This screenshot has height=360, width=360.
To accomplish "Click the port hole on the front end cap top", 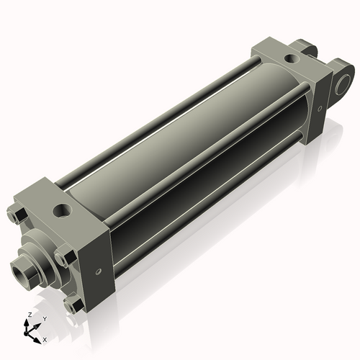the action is tap(62, 210).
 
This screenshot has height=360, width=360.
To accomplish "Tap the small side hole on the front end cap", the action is tap(98, 271).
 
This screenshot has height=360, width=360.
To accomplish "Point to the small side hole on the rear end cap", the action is tap(320, 109).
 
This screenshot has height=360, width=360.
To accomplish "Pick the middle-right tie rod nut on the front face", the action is tap(66, 256).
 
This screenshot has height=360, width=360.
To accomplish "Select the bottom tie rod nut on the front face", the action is tap(73, 305).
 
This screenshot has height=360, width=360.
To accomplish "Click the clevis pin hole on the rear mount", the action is tap(343, 84).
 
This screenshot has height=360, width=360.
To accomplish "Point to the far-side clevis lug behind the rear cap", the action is tap(304, 48).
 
